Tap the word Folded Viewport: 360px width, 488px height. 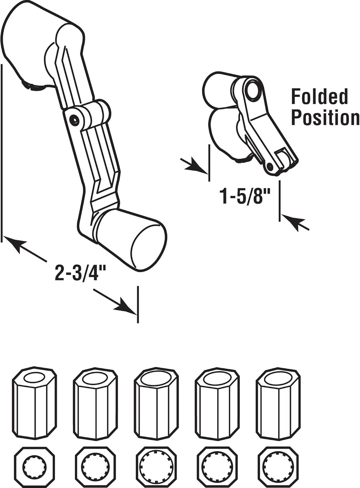pyautogui.click(x=319, y=97)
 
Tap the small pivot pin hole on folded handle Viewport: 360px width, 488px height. pyautogui.click(x=270, y=166)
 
